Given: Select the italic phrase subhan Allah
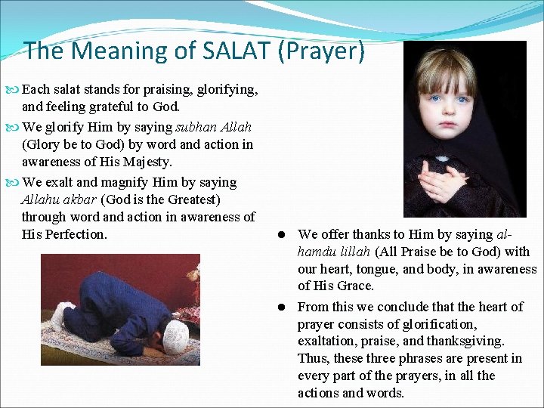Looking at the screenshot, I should (x=213, y=127).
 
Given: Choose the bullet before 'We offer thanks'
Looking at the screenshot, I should (x=280, y=235).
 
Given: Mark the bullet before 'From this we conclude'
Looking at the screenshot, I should (x=280, y=307).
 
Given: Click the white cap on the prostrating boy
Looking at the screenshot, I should (x=178, y=333).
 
